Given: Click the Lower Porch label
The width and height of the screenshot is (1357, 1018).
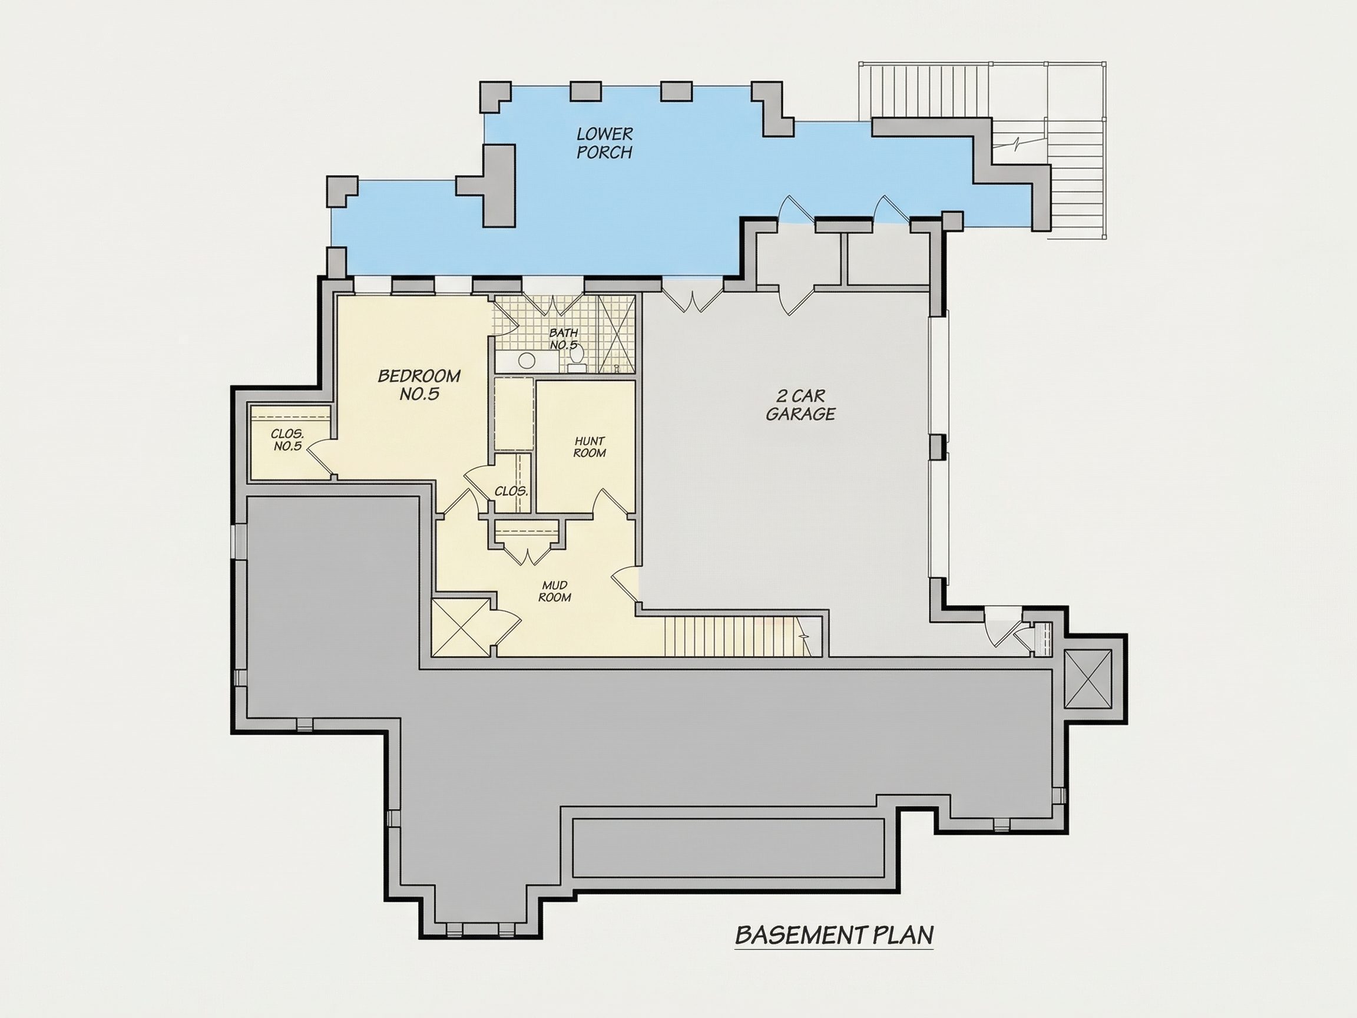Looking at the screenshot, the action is pyautogui.click(x=604, y=143).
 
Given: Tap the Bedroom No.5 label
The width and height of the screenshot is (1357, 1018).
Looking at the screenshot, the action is pyautogui.click(x=419, y=385).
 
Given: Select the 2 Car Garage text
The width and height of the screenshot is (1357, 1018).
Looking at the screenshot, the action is pyautogui.click(x=800, y=405).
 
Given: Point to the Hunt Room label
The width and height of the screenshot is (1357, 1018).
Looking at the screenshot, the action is pyautogui.click(x=590, y=447).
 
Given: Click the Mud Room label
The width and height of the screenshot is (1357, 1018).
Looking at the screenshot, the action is pyautogui.click(x=555, y=591).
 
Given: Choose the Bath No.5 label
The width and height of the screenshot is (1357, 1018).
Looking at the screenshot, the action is pyautogui.click(x=564, y=339).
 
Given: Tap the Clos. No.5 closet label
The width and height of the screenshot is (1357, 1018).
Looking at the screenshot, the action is pyautogui.click(x=287, y=440).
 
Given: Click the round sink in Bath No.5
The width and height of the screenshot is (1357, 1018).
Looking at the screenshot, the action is pyautogui.click(x=526, y=360).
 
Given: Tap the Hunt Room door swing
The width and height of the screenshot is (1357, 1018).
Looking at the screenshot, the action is pyautogui.click(x=610, y=503).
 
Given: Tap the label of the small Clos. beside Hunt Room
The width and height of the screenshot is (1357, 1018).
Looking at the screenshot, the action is pyautogui.click(x=511, y=491).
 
